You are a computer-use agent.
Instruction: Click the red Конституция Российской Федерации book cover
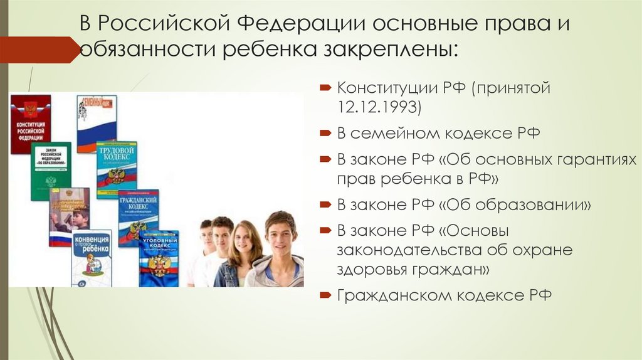[x=30, y=124]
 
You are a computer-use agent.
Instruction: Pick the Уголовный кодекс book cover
[x=159, y=258]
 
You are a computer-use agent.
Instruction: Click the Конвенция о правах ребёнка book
[x=92, y=258]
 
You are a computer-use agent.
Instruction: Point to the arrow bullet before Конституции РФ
[x=327, y=88]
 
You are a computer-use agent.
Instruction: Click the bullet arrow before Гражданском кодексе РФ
[x=327, y=295]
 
